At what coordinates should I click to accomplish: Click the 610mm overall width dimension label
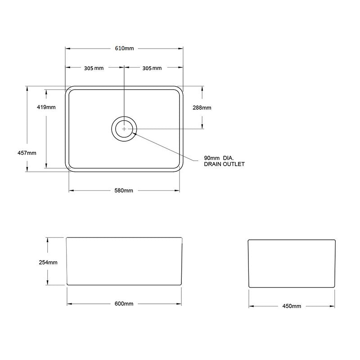click(x=124, y=49)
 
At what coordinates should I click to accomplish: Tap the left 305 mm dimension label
click(x=94, y=68)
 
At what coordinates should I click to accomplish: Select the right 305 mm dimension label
click(x=152, y=68)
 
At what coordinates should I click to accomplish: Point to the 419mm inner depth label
click(x=46, y=107)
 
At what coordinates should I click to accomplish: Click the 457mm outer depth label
click(x=27, y=153)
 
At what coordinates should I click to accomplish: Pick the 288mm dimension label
click(x=202, y=108)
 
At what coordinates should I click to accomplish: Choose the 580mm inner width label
click(x=124, y=190)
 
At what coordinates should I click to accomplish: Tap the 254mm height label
click(x=48, y=262)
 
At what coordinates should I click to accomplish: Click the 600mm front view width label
click(x=124, y=304)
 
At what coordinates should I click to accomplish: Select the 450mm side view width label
click(x=292, y=306)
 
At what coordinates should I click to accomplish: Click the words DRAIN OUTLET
click(x=224, y=164)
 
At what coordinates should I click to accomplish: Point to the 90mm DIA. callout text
click(x=219, y=158)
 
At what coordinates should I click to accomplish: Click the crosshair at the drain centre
click(x=124, y=129)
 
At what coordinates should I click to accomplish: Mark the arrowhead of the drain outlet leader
click(x=135, y=133)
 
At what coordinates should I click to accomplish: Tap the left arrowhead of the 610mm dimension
click(x=68, y=49)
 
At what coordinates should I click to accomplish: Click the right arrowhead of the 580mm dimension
click(x=177, y=190)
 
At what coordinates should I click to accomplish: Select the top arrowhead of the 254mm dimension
click(x=48, y=240)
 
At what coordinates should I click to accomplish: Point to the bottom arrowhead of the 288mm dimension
click(x=202, y=126)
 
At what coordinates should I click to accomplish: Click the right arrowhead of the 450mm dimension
click(x=332, y=306)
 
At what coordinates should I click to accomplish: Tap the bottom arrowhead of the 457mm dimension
click(x=27, y=169)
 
